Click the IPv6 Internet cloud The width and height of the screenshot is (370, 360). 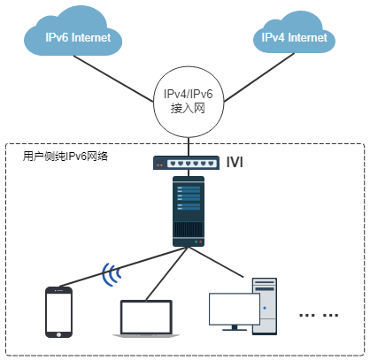[73, 33]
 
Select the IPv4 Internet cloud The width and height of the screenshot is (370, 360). [294, 34]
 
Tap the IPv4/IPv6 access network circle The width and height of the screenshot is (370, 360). [189, 102]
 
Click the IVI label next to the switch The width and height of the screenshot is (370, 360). [235, 162]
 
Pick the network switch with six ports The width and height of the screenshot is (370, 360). [186, 163]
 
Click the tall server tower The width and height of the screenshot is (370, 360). [189, 211]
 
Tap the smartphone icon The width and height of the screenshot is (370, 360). [58, 312]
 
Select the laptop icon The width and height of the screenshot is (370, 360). [146, 318]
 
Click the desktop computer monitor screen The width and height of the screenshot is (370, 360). [234, 309]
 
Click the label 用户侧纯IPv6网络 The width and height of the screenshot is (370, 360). [66, 157]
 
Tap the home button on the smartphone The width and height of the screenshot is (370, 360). [58, 334]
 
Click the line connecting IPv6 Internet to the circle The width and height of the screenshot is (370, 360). [113, 79]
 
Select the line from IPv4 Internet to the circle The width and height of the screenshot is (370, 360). [259, 78]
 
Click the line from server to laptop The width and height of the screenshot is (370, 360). [167, 274]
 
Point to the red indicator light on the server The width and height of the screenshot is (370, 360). [200, 242]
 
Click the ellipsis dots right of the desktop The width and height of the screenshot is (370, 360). [319, 315]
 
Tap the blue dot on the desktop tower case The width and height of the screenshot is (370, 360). [265, 308]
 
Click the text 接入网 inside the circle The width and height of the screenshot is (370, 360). [188, 109]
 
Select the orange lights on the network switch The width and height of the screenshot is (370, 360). [159, 165]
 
